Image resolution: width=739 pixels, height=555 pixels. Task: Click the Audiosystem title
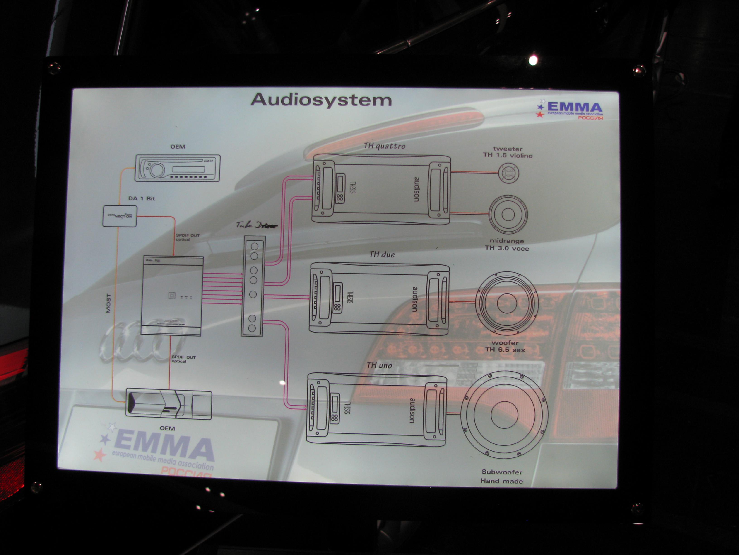coord(321,100)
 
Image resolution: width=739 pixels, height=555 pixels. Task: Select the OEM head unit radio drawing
coord(177,168)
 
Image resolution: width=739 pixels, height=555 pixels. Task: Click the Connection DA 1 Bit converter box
coord(120,216)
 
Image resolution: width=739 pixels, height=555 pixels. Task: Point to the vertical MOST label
coord(108,303)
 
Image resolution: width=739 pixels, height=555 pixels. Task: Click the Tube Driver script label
coord(257,225)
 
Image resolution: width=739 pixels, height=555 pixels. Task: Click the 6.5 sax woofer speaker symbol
coord(506,303)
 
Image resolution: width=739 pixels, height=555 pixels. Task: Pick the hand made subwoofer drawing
coord(504,415)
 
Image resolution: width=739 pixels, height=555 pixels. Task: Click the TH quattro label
coord(385,146)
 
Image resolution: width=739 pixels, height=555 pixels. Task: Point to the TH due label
coord(382,254)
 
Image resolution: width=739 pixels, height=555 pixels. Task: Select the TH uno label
coord(379,365)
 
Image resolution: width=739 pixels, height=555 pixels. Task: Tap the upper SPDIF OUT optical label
coord(188,237)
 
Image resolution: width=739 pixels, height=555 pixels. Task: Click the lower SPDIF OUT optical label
coord(183,359)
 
